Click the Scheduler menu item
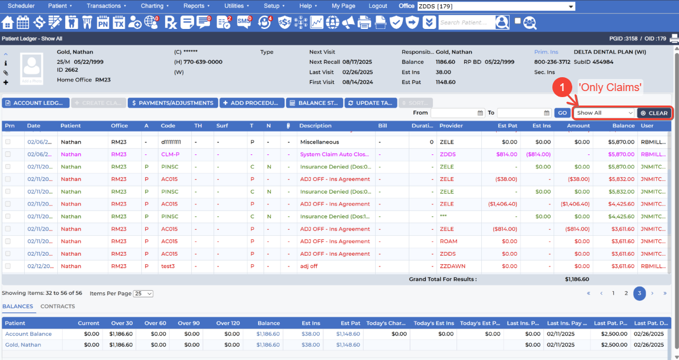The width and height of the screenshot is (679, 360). click(x=21, y=6)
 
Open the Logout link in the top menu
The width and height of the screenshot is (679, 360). click(x=377, y=6)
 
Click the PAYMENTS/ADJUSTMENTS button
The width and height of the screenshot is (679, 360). click(x=172, y=103)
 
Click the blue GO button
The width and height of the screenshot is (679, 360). click(x=562, y=113)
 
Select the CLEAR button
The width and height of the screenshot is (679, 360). click(x=654, y=113)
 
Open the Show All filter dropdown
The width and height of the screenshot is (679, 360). click(x=604, y=113)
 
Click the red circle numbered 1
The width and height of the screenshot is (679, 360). click(x=562, y=87)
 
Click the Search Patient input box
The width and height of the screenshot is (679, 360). click(x=466, y=23)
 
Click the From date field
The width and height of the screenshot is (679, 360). click(x=457, y=113)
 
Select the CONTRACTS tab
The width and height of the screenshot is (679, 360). click(x=57, y=306)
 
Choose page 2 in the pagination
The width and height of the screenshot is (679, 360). click(x=626, y=293)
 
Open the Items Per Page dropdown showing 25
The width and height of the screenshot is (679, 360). click(x=143, y=294)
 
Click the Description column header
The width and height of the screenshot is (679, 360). click(x=315, y=126)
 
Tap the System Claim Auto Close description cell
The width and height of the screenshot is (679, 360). click(x=335, y=154)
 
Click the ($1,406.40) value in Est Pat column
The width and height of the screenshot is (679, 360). click(x=502, y=204)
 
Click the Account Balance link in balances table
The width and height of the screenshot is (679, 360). click(x=28, y=334)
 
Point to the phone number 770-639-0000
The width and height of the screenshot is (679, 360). click(x=203, y=62)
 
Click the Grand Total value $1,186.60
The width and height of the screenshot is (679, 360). click(x=577, y=279)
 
